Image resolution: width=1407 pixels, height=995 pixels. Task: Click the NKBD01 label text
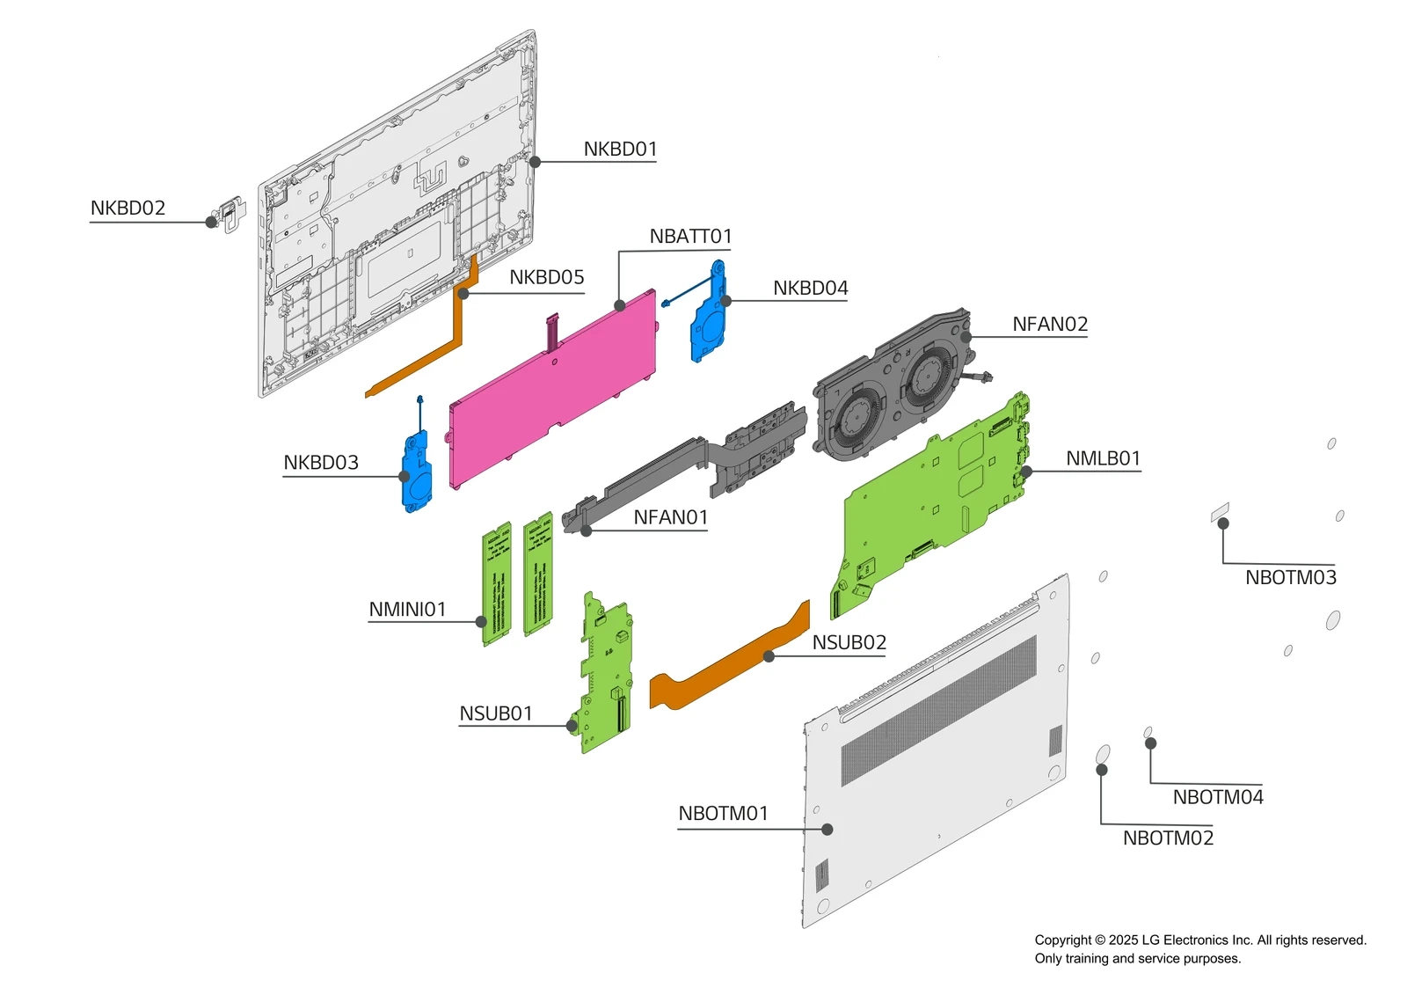point(620,150)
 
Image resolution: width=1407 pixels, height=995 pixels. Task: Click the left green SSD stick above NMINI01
point(497,585)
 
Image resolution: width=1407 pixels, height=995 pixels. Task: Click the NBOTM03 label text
point(1290,578)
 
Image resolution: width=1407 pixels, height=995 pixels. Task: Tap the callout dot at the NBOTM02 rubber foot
point(1102,770)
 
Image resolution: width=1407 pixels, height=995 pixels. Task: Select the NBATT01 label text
point(690,237)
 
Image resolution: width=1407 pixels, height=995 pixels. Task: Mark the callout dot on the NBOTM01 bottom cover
point(827,830)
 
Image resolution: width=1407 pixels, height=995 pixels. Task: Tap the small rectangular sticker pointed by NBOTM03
point(1220,512)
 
